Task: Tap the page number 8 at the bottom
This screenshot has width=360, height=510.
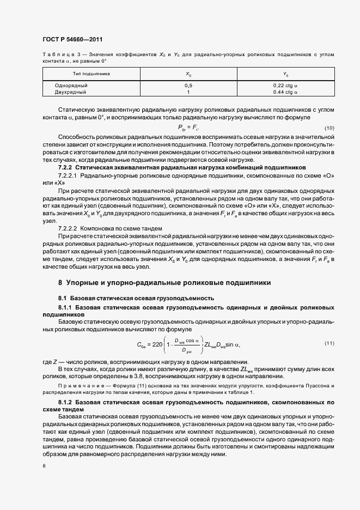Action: pyautogui.click(x=44, y=466)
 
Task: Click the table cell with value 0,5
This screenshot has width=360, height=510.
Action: pyautogui.click(x=188, y=86)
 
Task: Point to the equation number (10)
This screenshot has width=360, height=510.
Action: pyautogui.click(x=329, y=128)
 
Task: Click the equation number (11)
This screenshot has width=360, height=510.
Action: pyautogui.click(x=329, y=343)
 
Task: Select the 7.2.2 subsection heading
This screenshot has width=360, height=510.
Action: pyautogui.click(x=182, y=168)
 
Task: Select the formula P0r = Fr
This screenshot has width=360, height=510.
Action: pyautogui.click(x=188, y=128)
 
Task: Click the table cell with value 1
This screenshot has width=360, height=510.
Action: pyautogui.click(x=188, y=92)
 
